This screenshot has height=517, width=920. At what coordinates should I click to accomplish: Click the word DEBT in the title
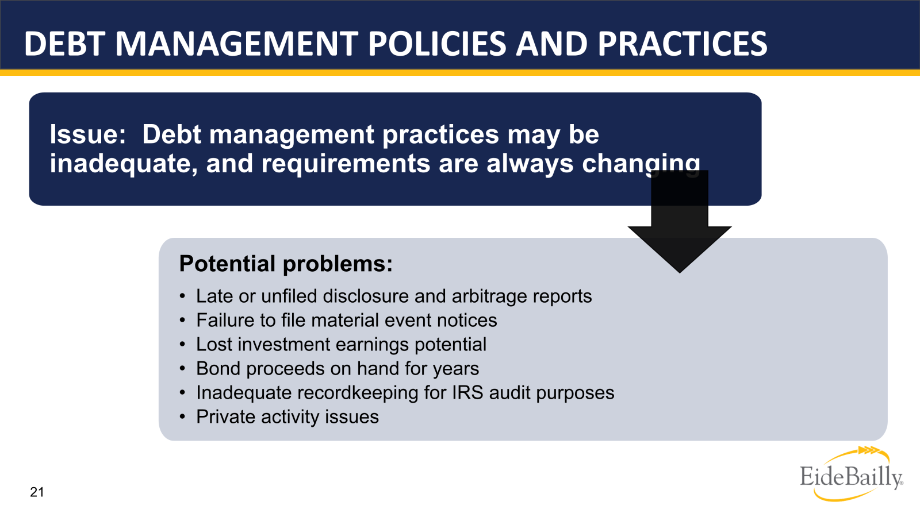[x=64, y=44]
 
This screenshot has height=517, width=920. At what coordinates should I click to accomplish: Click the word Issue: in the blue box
[x=87, y=134]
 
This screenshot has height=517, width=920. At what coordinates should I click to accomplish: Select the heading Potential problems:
[x=286, y=264]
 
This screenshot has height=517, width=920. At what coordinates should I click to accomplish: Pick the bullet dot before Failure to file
[x=182, y=321]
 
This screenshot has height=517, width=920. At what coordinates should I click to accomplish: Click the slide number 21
[x=37, y=492]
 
